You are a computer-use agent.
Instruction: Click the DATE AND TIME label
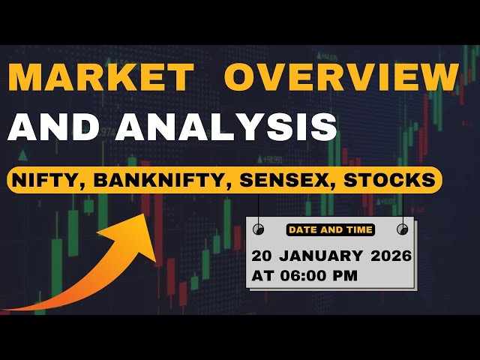pyautogui.click(x=330, y=229)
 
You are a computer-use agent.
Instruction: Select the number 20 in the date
pyautogui.click(x=263, y=256)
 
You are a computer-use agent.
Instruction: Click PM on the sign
pyautogui.click(x=346, y=275)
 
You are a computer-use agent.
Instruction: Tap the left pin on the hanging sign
pyautogui.click(x=258, y=229)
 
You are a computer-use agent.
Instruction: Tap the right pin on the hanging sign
pyautogui.click(x=403, y=229)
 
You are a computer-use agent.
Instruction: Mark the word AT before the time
pyautogui.click(x=263, y=275)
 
